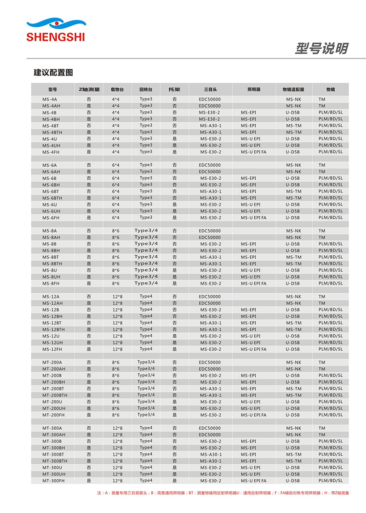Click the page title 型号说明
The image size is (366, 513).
(x=321, y=49)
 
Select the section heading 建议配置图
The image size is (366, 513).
(x=53, y=73)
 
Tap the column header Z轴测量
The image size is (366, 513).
(x=89, y=90)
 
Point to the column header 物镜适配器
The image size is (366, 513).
(x=293, y=90)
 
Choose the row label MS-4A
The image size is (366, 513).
(x=49, y=99)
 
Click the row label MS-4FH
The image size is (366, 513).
(x=51, y=152)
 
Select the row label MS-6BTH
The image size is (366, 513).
(x=52, y=198)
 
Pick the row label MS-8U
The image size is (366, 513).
(x=50, y=270)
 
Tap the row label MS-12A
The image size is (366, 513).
(x=51, y=297)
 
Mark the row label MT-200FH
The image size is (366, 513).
(x=52, y=415)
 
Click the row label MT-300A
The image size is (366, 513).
(x=52, y=428)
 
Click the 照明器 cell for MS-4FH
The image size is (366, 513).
(x=253, y=152)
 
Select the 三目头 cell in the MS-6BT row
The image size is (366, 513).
(x=210, y=191)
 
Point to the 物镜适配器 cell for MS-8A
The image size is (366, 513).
(x=293, y=231)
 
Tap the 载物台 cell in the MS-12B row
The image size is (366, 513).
(x=117, y=310)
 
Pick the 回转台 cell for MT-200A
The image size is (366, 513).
(x=146, y=362)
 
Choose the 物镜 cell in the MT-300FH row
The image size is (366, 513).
(x=330, y=481)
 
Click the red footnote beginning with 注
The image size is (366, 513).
(x=223, y=493)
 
